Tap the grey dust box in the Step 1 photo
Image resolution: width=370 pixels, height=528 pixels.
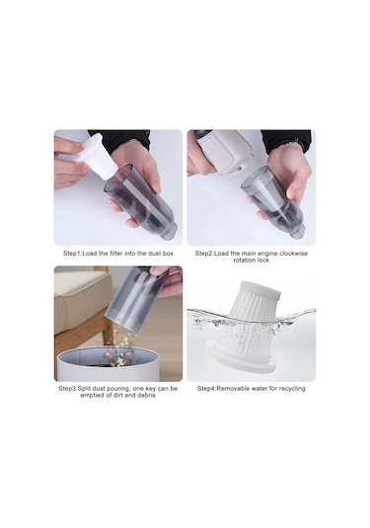(141, 202)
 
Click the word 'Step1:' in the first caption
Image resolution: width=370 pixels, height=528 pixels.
(72, 254)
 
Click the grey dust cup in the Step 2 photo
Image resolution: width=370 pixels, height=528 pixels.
(272, 201)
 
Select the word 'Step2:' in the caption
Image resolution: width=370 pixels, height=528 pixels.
(204, 254)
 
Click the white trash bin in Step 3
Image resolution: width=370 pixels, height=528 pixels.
(108, 365)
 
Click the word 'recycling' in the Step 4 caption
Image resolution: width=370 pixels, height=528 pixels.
(292, 388)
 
